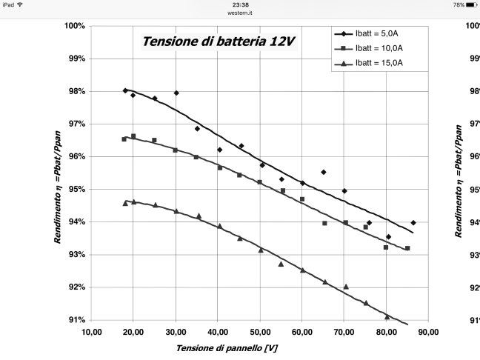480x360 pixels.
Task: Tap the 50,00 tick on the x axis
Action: (259, 332)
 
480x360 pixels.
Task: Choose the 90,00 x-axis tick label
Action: (429, 332)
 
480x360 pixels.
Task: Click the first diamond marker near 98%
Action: (125, 90)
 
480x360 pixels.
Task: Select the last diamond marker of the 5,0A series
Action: (413, 222)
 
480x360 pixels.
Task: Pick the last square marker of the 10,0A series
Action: (407, 248)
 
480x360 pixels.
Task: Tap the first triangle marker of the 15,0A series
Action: (125, 202)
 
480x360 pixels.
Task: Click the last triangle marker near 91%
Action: (387, 316)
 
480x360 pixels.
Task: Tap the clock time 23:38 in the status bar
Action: (240, 4)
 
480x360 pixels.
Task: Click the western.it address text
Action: (240, 12)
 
